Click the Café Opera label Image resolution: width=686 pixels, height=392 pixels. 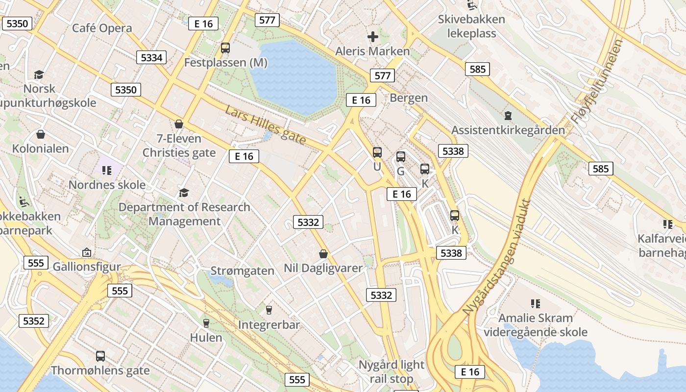coord(102,28)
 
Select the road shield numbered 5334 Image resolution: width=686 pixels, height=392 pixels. coord(151,57)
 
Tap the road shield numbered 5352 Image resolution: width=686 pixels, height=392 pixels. coord(34,321)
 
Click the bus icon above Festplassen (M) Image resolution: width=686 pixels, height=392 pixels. coord(225,48)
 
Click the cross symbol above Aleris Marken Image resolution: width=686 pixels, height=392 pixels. coord(373,36)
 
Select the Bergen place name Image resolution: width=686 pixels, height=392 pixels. coord(409,98)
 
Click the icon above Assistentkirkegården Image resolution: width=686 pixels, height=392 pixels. coord(508,116)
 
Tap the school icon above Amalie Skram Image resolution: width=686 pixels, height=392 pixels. coord(535,304)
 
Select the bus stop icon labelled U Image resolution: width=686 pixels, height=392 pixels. coord(377,152)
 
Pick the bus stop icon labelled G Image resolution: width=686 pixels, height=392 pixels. coord(400,157)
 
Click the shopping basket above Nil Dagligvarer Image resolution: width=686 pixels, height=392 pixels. coord(323,254)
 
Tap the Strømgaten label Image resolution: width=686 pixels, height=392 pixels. coord(242,271)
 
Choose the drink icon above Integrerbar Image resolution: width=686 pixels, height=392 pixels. coord(269,310)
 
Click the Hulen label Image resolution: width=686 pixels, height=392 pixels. coord(206,338)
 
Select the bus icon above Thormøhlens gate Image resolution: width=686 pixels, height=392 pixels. coord(100,356)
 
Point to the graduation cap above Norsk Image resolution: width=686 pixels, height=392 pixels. coord(39,74)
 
